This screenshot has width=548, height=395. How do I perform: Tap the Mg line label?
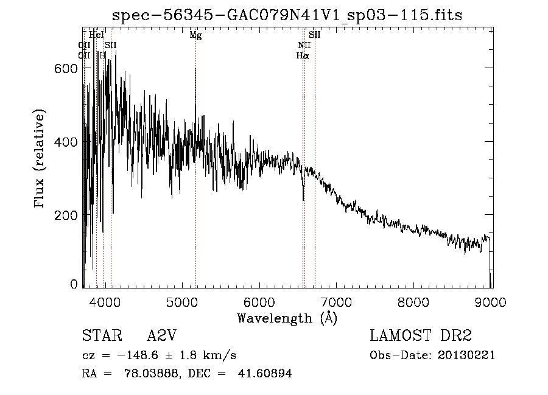(x=195, y=35)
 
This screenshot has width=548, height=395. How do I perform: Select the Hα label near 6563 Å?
(x=303, y=55)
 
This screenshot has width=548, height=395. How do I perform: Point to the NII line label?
(x=304, y=45)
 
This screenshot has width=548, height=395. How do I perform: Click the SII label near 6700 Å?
(x=314, y=35)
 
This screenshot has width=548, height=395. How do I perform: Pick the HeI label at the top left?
(x=96, y=35)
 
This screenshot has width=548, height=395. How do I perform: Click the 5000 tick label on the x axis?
(x=181, y=300)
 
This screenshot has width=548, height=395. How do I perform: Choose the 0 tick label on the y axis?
(x=74, y=284)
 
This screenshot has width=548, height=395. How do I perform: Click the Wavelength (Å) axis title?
(x=287, y=318)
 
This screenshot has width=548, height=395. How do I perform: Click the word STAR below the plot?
(x=99, y=336)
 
